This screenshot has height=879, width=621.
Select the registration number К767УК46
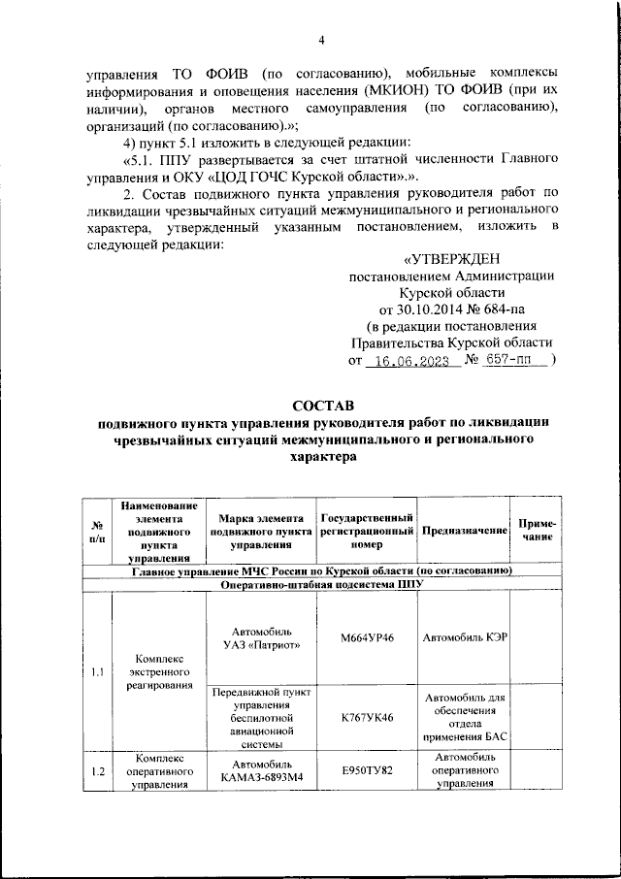coord(368,719)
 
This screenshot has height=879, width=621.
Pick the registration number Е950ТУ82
coord(368,771)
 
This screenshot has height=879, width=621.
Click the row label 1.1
coord(96,670)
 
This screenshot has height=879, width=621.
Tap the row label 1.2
coord(96,771)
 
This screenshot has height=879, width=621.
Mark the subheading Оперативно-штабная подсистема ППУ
coord(321,585)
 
